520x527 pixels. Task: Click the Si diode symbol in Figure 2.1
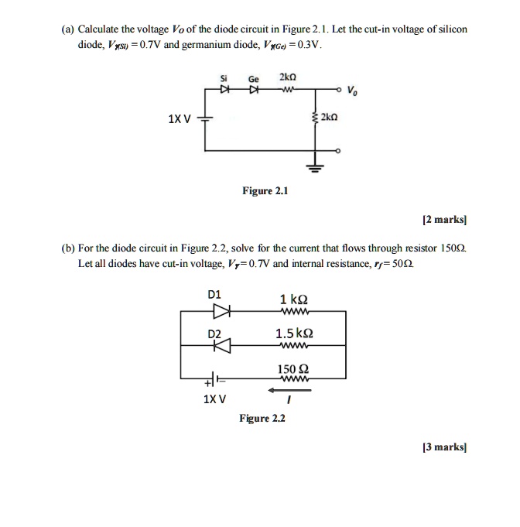coord(224,90)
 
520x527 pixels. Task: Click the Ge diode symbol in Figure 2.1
coord(252,90)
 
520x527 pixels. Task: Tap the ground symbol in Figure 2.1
coord(316,167)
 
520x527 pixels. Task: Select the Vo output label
coord(353,90)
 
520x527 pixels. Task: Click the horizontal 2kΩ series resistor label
coord(289,77)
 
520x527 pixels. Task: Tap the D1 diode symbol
coord(222,312)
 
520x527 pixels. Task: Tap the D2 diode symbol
coord(222,345)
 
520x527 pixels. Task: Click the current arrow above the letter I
coord(287,390)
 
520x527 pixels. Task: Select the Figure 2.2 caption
coord(262,418)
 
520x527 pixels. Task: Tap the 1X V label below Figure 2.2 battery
coord(214,399)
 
